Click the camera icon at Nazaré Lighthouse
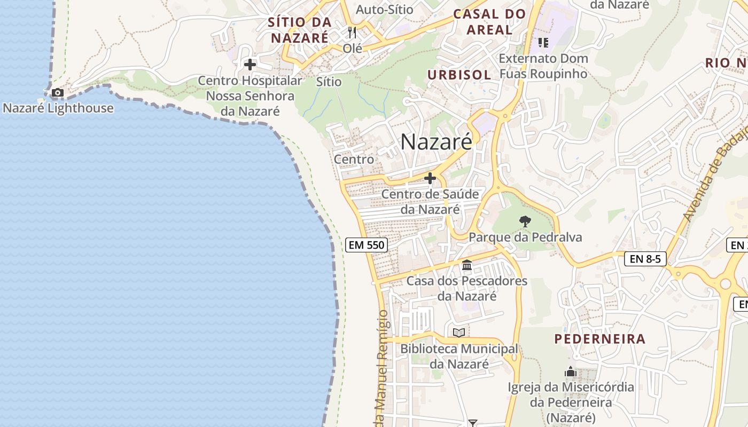[57, 93]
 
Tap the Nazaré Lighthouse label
[58, 108]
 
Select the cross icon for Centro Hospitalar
[250, 65]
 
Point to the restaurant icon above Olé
[352, 33]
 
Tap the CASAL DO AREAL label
[489, 22]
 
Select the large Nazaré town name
[436, 142]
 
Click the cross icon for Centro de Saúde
[430, 178]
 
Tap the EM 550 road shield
[366, 245]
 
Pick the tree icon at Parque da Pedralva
[525, 221]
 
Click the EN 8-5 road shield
[645, 259]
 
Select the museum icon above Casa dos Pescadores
[467, 265]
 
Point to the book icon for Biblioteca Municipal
[459, 333]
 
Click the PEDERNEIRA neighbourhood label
[600, 339]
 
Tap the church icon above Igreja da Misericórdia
[571, 371]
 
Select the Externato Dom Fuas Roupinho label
[543, 66]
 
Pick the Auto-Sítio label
[385, 10]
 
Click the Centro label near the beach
[354, 159]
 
